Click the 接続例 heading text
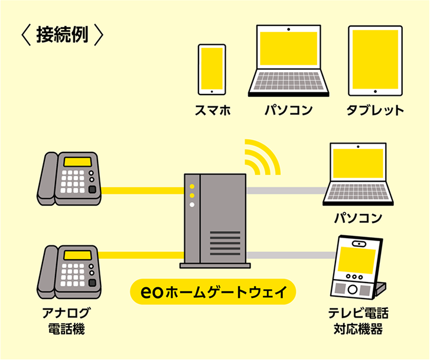point(61,35)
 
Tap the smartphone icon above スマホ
point(211,69)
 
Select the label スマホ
point(211,110)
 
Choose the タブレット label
point(376,110)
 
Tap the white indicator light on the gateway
point(192,205)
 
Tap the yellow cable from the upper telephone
point(142,190)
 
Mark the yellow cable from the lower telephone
point(142,255)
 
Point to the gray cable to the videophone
point(289,255)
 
